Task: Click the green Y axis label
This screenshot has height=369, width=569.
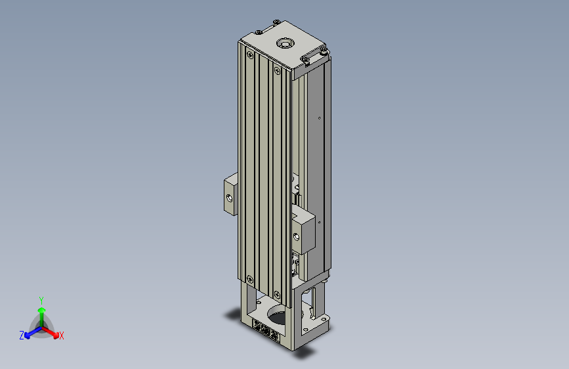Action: pos(41,300)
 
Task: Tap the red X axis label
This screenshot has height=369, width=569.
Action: pos(61,336)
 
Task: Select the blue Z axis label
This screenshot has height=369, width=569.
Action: pos(22,336)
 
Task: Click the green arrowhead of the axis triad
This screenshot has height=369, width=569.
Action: pos(42,310)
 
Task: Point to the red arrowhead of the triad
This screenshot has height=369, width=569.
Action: pos(56,335)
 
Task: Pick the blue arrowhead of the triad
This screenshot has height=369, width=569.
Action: pos(27,336)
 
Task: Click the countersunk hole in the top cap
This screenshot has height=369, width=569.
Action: pos(285,43)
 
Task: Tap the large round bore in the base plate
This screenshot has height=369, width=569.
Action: pos(280,315)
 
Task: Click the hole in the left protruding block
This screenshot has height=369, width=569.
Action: pos(229,198)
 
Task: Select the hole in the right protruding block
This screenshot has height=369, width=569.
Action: pos(297,237)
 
